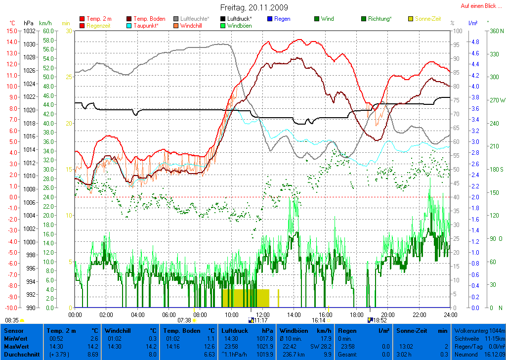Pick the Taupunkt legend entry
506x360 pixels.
(146, 25)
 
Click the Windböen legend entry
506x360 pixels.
(239, 25)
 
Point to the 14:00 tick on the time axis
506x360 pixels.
(294, 315)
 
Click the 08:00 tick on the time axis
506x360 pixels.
(200, 315)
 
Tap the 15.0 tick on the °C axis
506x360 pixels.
(11, 31)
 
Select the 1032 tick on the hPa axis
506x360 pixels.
(29, 31)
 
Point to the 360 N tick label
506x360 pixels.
(496, 31)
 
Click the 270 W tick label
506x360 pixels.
(497, 100)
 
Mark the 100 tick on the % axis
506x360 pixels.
(457, 31)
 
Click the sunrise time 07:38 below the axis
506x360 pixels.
(184, 320)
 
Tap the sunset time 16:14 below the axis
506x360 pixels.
(318, 320)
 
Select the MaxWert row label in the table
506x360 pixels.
(16, 347)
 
